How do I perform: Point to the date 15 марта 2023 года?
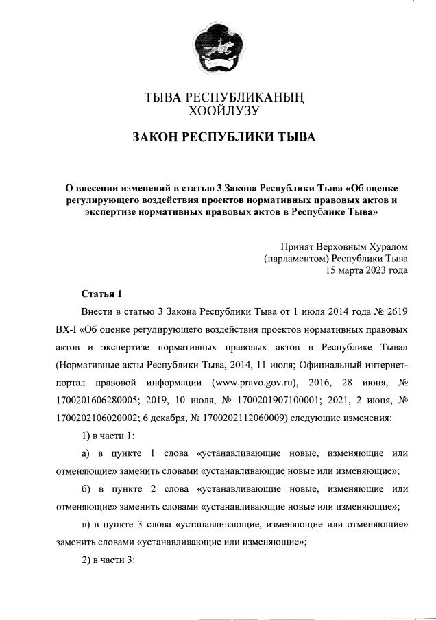(x=366, y=270)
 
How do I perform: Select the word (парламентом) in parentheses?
(x=295, y=259)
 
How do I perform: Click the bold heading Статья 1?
(x=101, y=294)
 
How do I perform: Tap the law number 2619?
(x=396, y=312)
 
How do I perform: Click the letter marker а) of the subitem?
(x=86, y=453)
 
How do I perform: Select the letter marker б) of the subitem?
(x=86, y=488)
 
